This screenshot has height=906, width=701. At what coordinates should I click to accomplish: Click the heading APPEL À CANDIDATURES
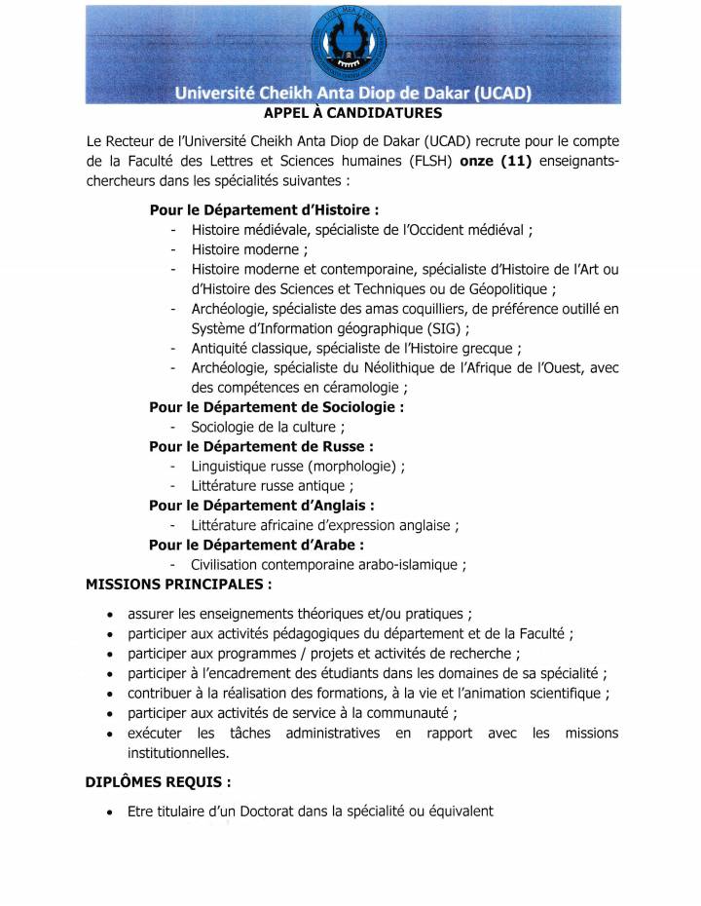pyautogui.click(x=351, y=113)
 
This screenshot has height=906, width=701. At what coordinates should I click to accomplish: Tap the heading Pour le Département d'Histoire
pyautogui.click(x=264, y=209)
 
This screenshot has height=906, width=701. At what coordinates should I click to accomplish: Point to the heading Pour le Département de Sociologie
pyautogui.click(x=277, y=406)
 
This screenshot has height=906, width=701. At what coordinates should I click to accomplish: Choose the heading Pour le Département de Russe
pyautogui.click(x=261, y=446)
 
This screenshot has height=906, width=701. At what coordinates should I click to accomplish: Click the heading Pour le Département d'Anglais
pyautogui.click(x=261, y=505)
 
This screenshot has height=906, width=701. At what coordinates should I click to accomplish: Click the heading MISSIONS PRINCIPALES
pyautogui.click(x=179, y=584)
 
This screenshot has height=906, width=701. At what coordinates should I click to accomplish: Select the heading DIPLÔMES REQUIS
pyautogui.click(x=159, y=780)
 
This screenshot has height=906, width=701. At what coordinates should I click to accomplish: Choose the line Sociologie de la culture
pyautogui.click(x=268, y=426)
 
